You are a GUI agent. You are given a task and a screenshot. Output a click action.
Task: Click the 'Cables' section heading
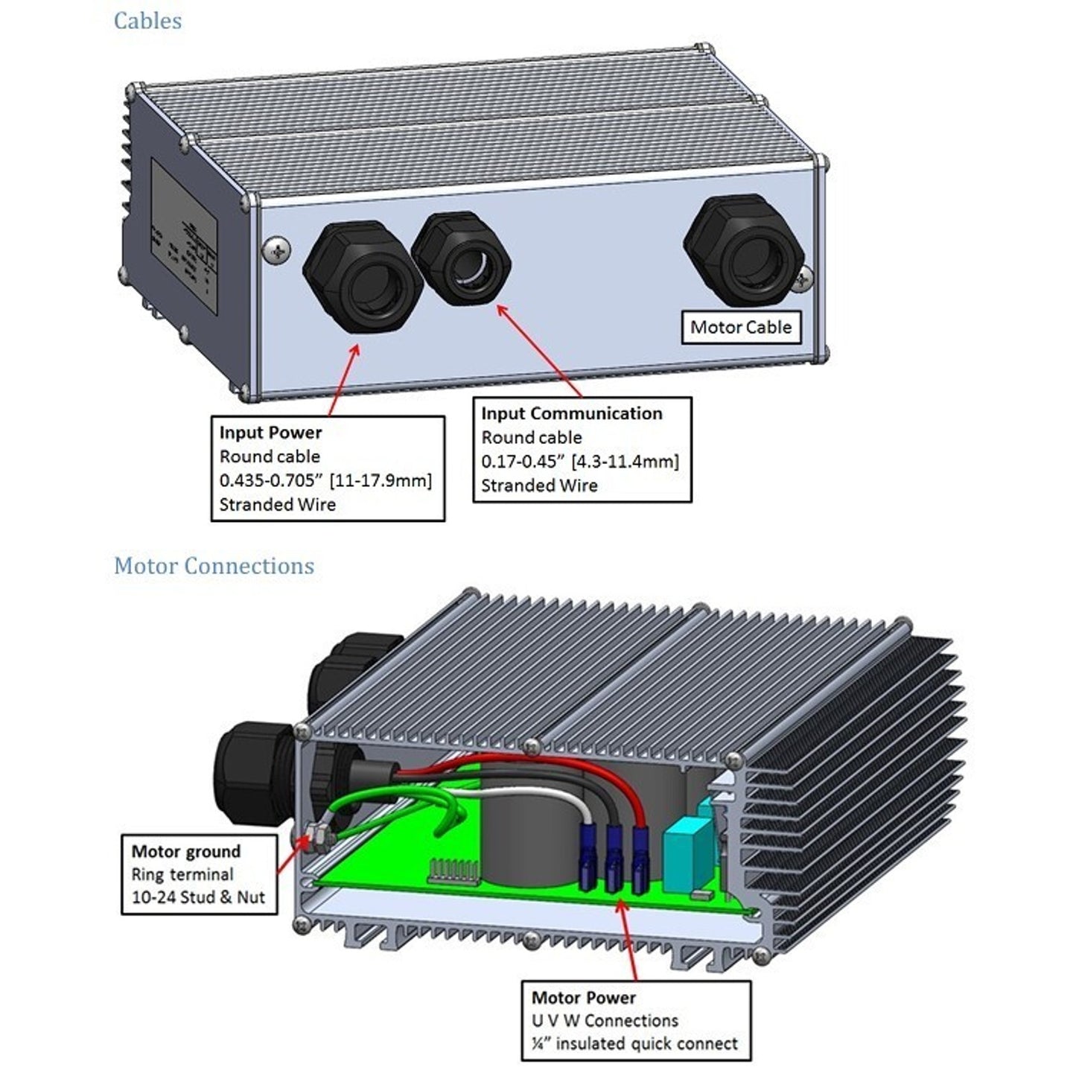147,21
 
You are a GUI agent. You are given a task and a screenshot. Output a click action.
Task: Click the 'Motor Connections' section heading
214,566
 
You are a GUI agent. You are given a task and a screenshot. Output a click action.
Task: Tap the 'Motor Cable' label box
741,327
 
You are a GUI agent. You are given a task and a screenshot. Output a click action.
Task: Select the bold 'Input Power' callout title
270,433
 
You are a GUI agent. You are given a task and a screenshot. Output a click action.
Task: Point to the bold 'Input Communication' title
571,413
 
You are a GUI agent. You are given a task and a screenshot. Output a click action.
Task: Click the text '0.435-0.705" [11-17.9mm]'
325,480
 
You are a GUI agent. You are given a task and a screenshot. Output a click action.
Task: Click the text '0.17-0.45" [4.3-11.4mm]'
580,462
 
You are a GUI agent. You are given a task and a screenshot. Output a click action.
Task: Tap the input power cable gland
363,277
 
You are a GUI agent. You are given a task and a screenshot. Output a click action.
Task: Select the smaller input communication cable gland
462,258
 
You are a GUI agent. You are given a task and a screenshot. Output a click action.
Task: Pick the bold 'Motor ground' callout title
186,851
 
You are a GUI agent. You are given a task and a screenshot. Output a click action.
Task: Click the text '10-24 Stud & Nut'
198,897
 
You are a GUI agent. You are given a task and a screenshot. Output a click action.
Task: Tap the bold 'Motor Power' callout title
584,997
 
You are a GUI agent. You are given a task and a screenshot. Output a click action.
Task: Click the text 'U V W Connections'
605,1020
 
